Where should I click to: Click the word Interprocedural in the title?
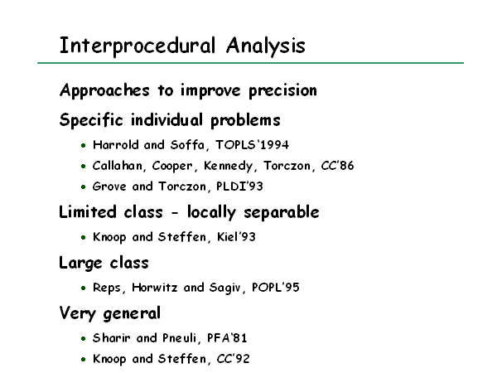point(138,46)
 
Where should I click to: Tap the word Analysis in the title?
point(266,46)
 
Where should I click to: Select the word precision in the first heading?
point(282,91)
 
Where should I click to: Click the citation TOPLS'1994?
point(252,145)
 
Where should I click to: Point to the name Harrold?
point(116,145)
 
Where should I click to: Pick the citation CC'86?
point(337,166)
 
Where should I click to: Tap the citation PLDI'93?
point(239,186)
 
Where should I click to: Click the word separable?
point(282,212)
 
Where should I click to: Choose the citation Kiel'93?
point(236,237)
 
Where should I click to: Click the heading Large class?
point(104,264)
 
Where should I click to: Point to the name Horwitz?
point(154,288)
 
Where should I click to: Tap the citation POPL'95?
point(276,288)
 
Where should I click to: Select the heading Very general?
point(109,314)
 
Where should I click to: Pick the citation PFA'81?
point(227,338)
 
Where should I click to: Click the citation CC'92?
point(233,359)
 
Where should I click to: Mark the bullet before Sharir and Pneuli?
point(84,339)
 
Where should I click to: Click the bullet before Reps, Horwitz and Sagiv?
point(84,288)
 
